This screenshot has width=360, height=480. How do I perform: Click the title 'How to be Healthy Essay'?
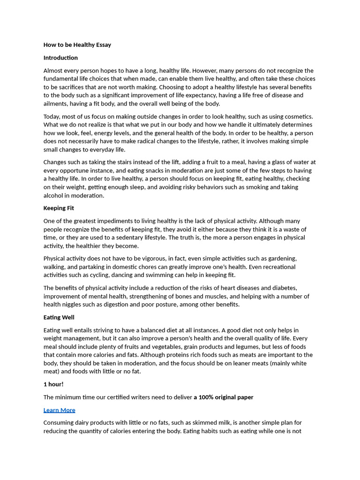coord(77,45)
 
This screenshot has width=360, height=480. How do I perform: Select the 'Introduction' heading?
coord(60,58)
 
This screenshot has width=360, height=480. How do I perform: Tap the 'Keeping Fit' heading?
coord(59,208)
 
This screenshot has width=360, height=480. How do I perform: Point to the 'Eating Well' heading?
coord(59,317)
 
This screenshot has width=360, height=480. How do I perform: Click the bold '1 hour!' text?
coord(53,384)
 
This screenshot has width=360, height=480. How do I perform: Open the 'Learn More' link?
coord(59,410)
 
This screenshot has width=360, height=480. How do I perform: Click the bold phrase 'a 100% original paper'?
coord(224,397)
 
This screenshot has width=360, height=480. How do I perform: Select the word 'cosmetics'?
coord(297,116)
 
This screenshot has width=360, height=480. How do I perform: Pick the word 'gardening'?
coord(282,258)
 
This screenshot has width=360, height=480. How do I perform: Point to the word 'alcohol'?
coord(54,195)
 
